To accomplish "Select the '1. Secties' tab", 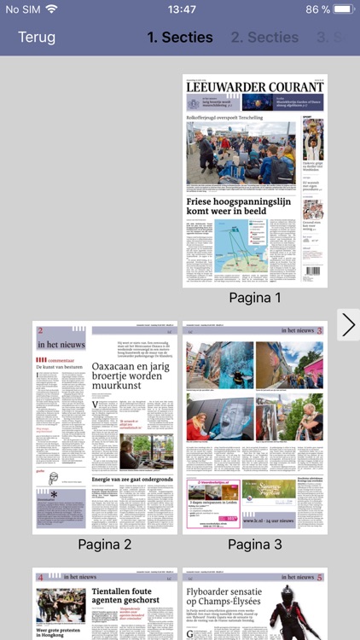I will [x=180, y=38].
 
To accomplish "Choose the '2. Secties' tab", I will [x=264, y=38].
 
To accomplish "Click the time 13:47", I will [x=180, y=9].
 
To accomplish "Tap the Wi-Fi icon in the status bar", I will [x=53, y=9].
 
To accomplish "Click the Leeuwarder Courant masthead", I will [x=255, y=86].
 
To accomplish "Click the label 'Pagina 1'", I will [x=255, y=298].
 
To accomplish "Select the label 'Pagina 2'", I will [x=104, y=544].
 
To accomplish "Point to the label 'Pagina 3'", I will [x=254, y=544].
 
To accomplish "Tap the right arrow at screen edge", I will [x=348, y=325].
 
